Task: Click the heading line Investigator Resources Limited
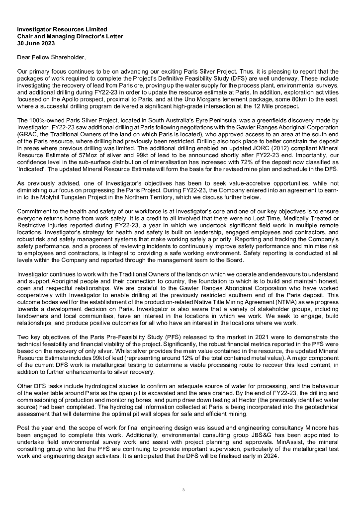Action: click(x=62, y=30)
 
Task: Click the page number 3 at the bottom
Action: click(x=183, y=490)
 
